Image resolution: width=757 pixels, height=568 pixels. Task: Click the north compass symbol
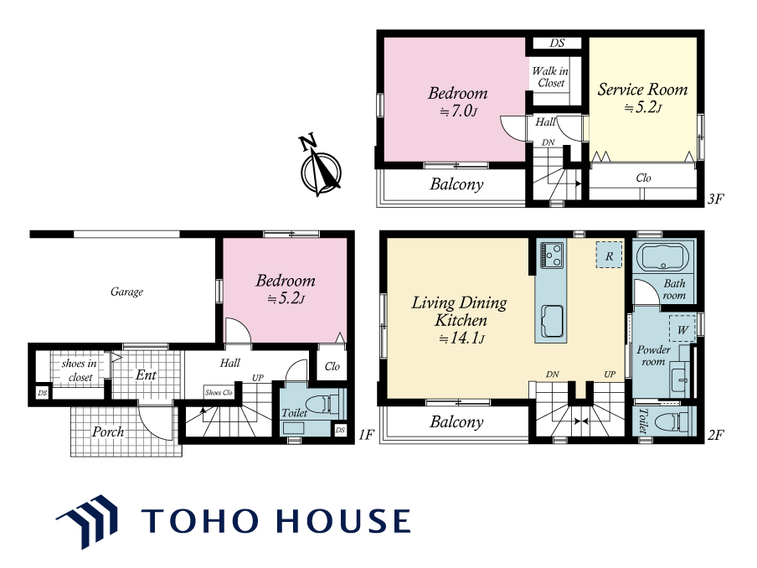point(319,166)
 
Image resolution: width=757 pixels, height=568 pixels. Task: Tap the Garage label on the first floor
point(127,292)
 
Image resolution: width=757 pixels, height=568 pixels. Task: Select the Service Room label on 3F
point(642,90)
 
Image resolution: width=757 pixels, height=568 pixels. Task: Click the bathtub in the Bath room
point(663,257)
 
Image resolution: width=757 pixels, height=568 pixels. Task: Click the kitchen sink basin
point(552,321)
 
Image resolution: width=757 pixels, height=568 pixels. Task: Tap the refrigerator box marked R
point(609,255)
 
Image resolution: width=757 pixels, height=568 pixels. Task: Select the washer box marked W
point(682,329)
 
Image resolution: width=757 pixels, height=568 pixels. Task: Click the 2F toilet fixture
point(678,421)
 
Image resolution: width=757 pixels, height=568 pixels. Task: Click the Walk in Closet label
point(550,77)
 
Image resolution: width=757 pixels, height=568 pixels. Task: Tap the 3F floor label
point(715,199)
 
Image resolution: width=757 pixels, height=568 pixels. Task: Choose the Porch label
point(108,431)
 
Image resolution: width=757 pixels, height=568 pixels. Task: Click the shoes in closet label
point(80,370)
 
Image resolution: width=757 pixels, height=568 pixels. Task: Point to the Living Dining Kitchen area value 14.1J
point(462,338)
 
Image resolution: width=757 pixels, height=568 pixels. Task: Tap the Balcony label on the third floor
point(456,184)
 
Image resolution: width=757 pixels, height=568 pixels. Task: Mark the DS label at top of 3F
point(557,43)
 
